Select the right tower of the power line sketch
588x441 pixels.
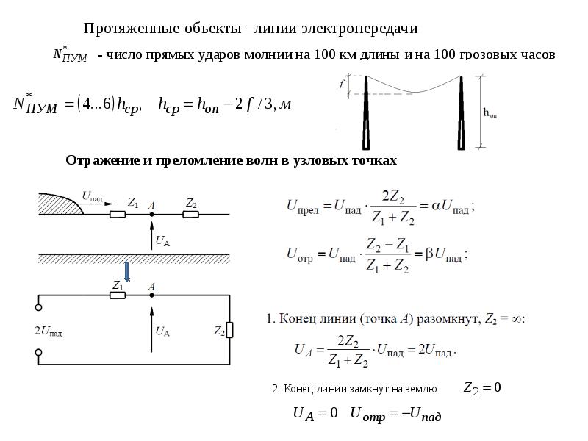click(462, 114)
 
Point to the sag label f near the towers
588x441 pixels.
click(342, 85)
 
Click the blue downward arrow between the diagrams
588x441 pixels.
click(126, 270)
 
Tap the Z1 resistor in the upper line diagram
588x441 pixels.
click(118, 214)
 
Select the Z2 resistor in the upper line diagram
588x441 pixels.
click(190, 214)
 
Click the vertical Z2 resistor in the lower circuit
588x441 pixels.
click(229, 330)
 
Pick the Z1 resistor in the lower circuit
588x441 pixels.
click(118, 295)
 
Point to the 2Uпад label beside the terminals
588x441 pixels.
click(49, 332)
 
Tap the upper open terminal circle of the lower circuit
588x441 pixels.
click(39, 309)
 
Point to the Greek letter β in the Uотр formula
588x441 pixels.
click(429, 255)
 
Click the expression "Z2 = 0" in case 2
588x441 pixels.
click(481, 388)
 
